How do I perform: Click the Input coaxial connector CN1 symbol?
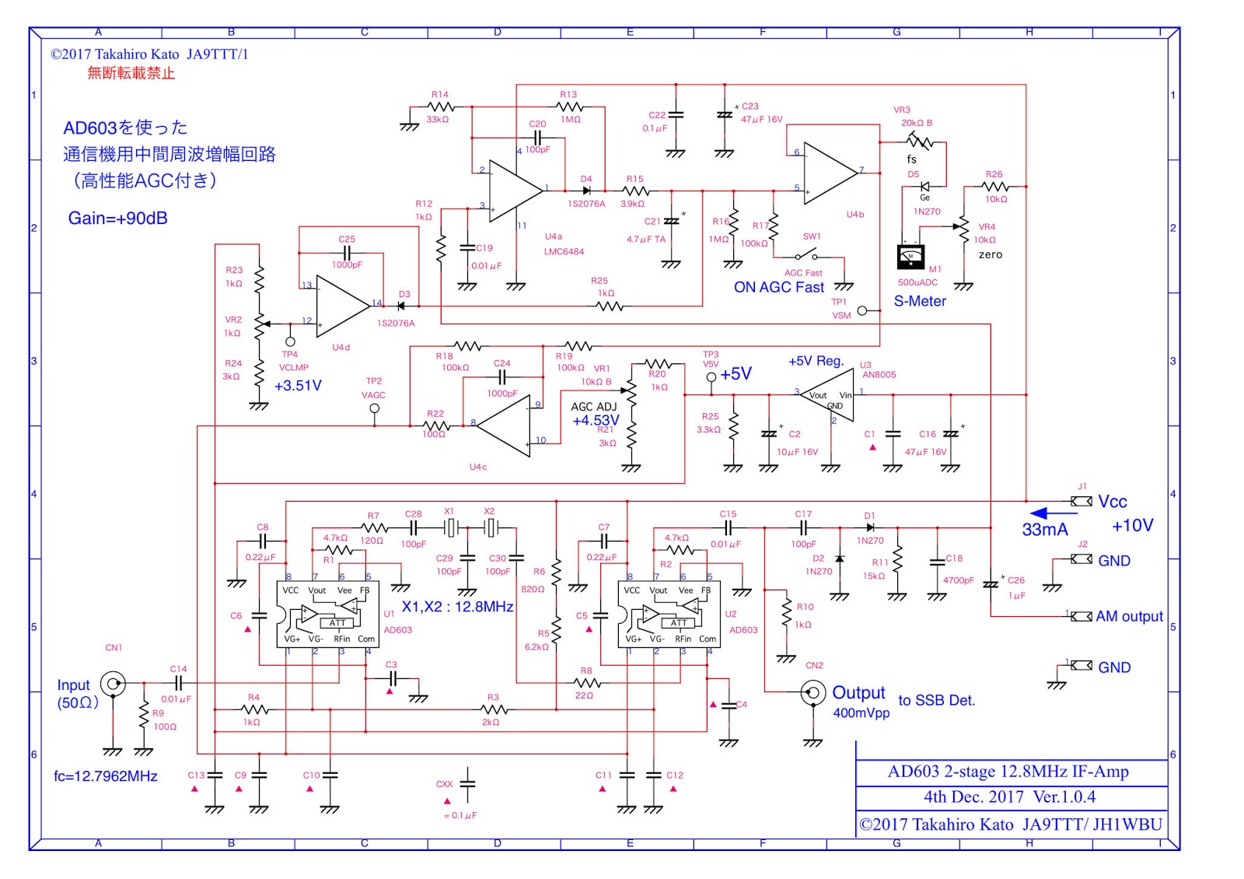pyautogui.click(x=114, y=684)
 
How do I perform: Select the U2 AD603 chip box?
pyautogui.click(x=673, y=615)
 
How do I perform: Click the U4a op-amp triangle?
pyautogui.click(x=513, y=189)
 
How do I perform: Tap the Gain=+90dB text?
pyautogui.click(x=118, y=219)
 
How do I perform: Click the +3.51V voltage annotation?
pyautogui.click(x=298, y=386)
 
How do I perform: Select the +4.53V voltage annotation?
pyautogui.click(x=596, y=421)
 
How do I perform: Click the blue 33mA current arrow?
pyautogui.click(x=1053, y=513)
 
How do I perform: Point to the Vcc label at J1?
pyautogui.click(x=1112, y=502)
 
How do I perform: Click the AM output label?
pyautogui.click(x=1129, y=616)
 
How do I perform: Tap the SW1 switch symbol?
pyautogui.click(x=805, y=255)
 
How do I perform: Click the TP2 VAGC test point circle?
pyautogui.click(x=375, y=408)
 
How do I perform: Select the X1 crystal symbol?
pyautogui.click(x=451, y=528)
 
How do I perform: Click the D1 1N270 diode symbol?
pyautogui.click(x=870, y=528)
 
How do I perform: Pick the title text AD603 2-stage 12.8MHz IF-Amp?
pyautogui.click(x=1008, y=772)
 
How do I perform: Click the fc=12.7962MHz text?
pyautogui.click(x=106, y=776)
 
